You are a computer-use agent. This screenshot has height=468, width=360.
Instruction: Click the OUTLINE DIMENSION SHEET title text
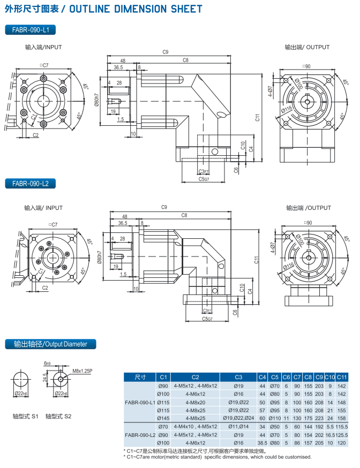click(x=136, y=9)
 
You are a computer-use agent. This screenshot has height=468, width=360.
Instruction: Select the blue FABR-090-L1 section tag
click(x=31, y=30)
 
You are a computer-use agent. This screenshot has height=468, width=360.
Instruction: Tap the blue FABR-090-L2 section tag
click(x=31, y=184)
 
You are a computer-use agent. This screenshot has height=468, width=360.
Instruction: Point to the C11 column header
click(x=342, y=376)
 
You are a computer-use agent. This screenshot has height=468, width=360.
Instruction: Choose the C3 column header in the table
click(x=238, y=376)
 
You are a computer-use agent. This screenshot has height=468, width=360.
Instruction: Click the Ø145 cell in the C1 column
click(x=163, y=418)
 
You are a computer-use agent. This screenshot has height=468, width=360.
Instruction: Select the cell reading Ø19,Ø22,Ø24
click(x=238, y=418)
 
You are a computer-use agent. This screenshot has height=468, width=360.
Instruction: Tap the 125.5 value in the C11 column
click(x=342, y=435)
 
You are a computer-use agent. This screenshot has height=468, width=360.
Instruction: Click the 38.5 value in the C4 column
click(x=262, y=443)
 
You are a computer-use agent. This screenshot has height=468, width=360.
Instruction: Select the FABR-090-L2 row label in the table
click(x=140, y=435)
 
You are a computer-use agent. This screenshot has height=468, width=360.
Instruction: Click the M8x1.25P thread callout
click(x=82, y=370)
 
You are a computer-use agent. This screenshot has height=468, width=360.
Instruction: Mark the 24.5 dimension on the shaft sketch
click(x=46, y=378)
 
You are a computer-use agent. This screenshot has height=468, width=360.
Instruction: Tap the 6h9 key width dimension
click(x=48, y=363)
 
